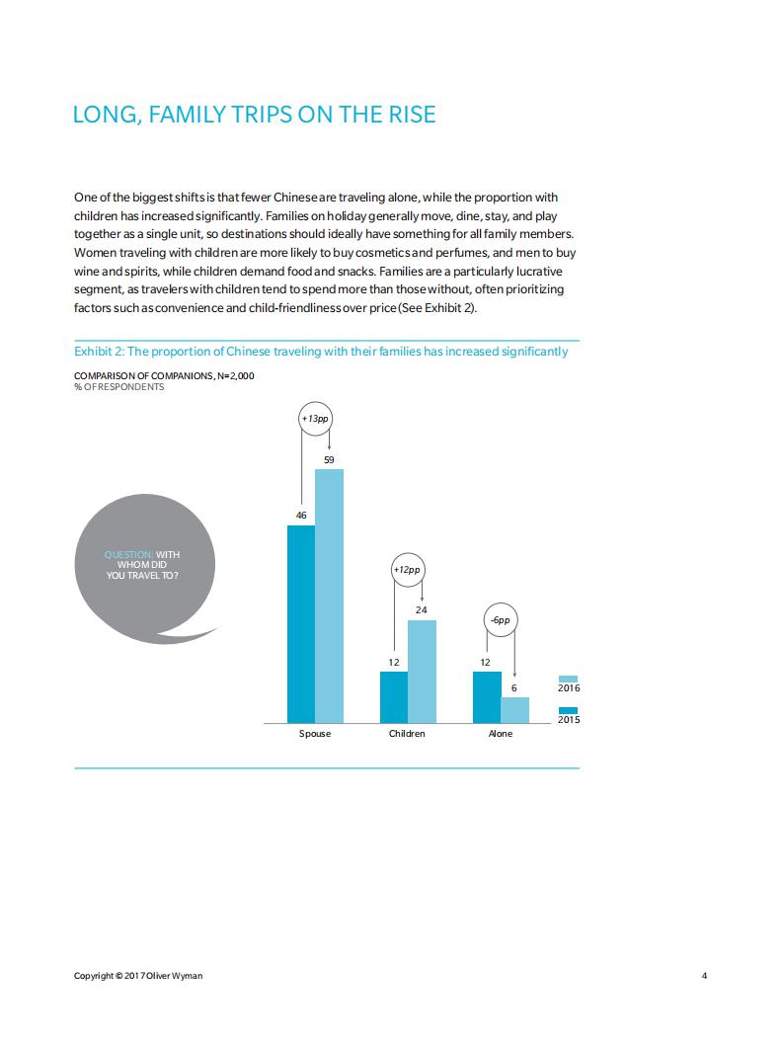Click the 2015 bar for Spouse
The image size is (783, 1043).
pyautogui.click(x=301, y=624)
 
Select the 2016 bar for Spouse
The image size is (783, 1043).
pyautogui.click(x=329, y=596)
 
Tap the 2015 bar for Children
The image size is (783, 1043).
pyautogui.click(x=394, y=697)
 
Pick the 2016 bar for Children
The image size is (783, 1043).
pyautogui.click(x=422, y=672)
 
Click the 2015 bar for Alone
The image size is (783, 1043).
pyautogui.click(x=487, y=697)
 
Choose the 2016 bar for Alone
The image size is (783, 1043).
pyautogui.click(x=514, y=710)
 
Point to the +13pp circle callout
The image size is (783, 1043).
pyautogui.click(x=315, y=419)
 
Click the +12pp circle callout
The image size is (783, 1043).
pyautogui.click(x=408, y=570)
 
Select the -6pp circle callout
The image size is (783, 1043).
pyautogui.click(x=501, y=620)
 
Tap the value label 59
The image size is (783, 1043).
pyautogui.click(x=329, y=459)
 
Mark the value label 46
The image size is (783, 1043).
pyautogui.click(x=301, y=516)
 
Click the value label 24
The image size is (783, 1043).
pyautogui.click(x=422, y=610)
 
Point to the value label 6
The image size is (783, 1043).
pyautogui.click(x=514, y=687)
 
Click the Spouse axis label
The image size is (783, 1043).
pyautogui.click(x=315, y=734)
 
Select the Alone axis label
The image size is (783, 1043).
pyautogui.click(x=501, y=734)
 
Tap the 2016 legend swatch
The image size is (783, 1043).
pyautogui.click(x=568, y=679)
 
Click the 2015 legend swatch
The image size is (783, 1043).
pyautogui.click(x=568, y=710)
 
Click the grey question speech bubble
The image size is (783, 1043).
pyautogui.click(x=146, y=568)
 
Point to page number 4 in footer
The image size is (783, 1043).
pyautogui.click(x=704, y=976)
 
